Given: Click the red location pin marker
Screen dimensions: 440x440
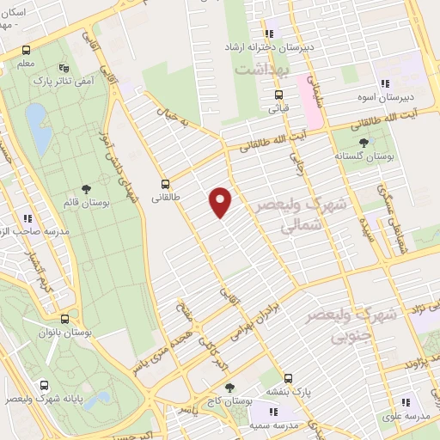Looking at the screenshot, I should pyautogui.click(x=221, y=202).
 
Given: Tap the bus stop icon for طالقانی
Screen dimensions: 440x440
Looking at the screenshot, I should pyautogui.click(x=165, y=184).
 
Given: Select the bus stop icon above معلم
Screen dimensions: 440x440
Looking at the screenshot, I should pyautogui.click(x=27, y=50).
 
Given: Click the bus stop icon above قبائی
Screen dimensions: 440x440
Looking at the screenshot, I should pyautogui.click(x=278, y=95).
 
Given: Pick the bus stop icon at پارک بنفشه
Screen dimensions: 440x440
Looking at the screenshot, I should pyautogui.click(x=288, y=377).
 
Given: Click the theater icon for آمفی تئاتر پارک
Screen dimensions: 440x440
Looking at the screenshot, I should pyautogui.click(x=62, y=68).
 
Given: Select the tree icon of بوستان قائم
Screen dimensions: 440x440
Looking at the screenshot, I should pyautogui.click(x=85, y=189).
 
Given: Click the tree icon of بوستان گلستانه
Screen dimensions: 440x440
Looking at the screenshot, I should pyautogui.click(x=365, y=143).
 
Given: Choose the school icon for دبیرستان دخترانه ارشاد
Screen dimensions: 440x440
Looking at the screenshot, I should pyautogui.click(x=273, y=33).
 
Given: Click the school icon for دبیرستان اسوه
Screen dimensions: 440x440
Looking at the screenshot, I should pyautogui.click(x=386, y=84).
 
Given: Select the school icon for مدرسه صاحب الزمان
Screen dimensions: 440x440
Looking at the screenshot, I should pyautogui.click(x=28, y=218).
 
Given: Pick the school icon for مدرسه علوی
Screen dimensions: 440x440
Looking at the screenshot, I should pyautogui.click(x=405, y=401).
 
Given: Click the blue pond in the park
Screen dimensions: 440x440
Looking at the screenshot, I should pyautogui.click(x=37, y=126).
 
